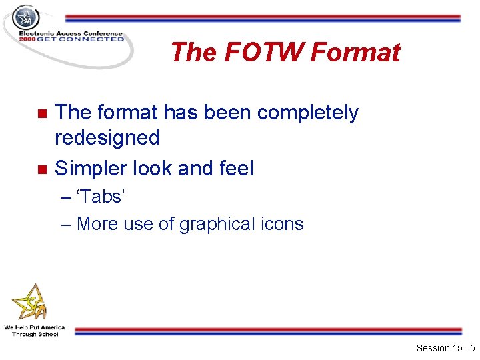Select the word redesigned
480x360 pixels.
[107, 138]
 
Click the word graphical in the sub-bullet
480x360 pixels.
[211, 224]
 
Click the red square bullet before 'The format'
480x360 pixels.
[42, 113]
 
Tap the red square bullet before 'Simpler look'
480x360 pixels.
[42, 169]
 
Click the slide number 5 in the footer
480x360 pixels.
[472, 348]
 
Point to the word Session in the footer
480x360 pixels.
[433, 348]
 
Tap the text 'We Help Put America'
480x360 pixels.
[35, 327]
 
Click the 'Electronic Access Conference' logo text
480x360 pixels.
[71, 33]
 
